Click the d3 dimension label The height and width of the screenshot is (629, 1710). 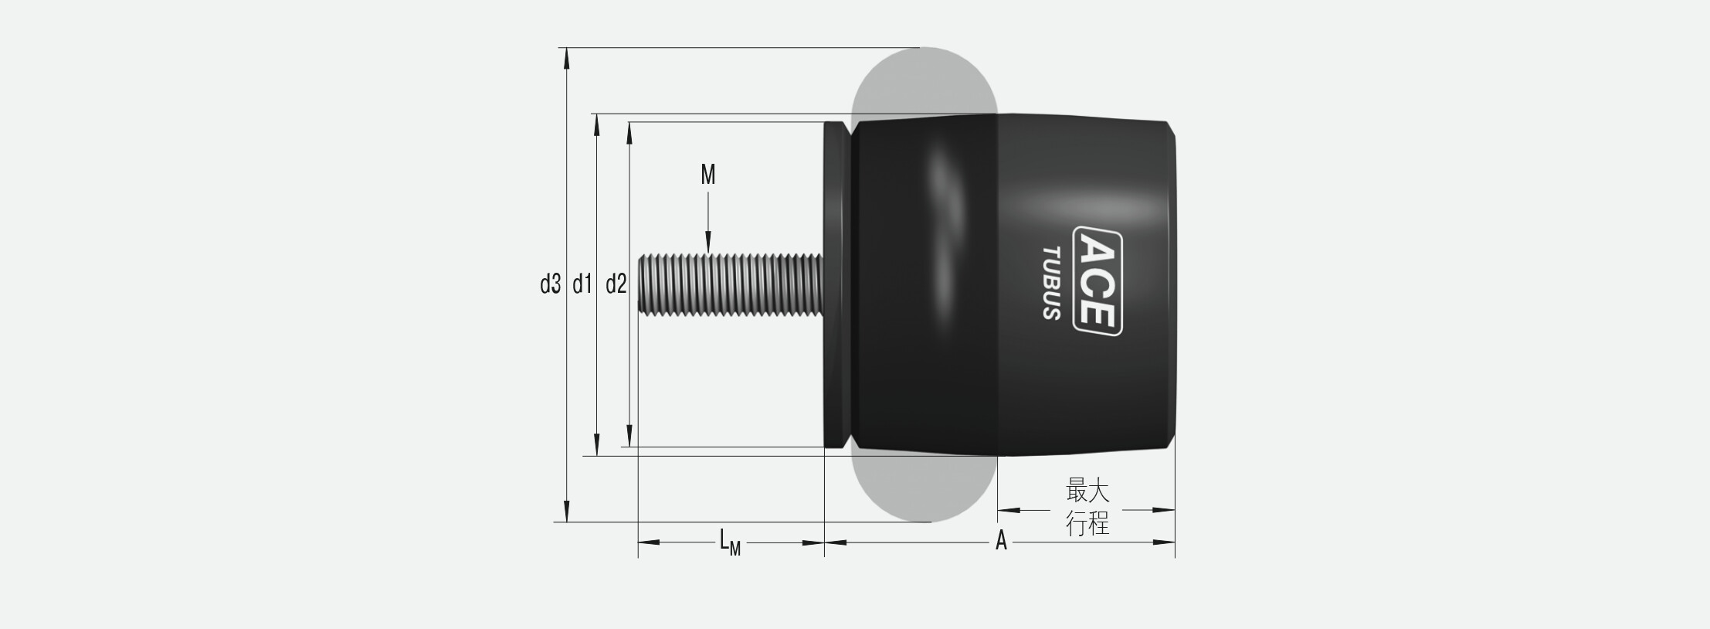[550, 285]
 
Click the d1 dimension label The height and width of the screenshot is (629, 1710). [582, 285]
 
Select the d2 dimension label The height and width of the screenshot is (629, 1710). [616, 285]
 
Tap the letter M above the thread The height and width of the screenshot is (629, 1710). [708, 175]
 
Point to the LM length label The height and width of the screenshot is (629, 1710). [730, 542]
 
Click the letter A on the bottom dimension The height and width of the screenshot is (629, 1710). [1001, 541]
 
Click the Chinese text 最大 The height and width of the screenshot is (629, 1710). [1087, 491]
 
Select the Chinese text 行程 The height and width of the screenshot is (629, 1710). [1087, 524]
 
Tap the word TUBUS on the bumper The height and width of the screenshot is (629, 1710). [1051, 283]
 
